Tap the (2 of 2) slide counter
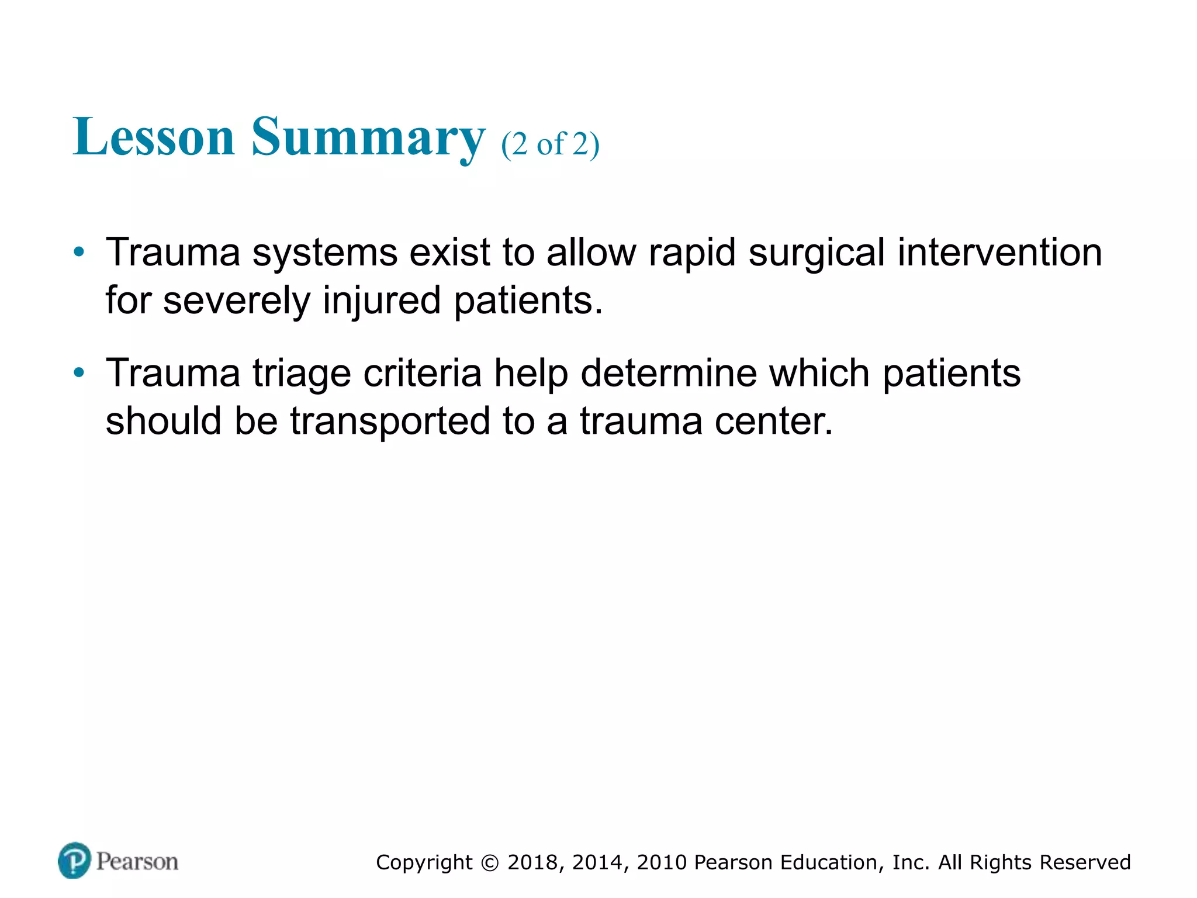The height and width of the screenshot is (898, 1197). click(x=550, y=144)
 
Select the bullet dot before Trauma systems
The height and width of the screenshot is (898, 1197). click(x=79, y=253)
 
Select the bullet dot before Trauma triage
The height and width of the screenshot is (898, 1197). click(x=79, y=373)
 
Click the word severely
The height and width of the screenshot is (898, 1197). click(x=237, y=301)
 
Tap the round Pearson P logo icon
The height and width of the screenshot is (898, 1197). click(x=75, y=861)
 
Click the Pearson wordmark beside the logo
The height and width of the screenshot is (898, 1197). click(x=137, y=862)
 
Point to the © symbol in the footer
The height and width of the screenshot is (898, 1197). click(x=490, y=863)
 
